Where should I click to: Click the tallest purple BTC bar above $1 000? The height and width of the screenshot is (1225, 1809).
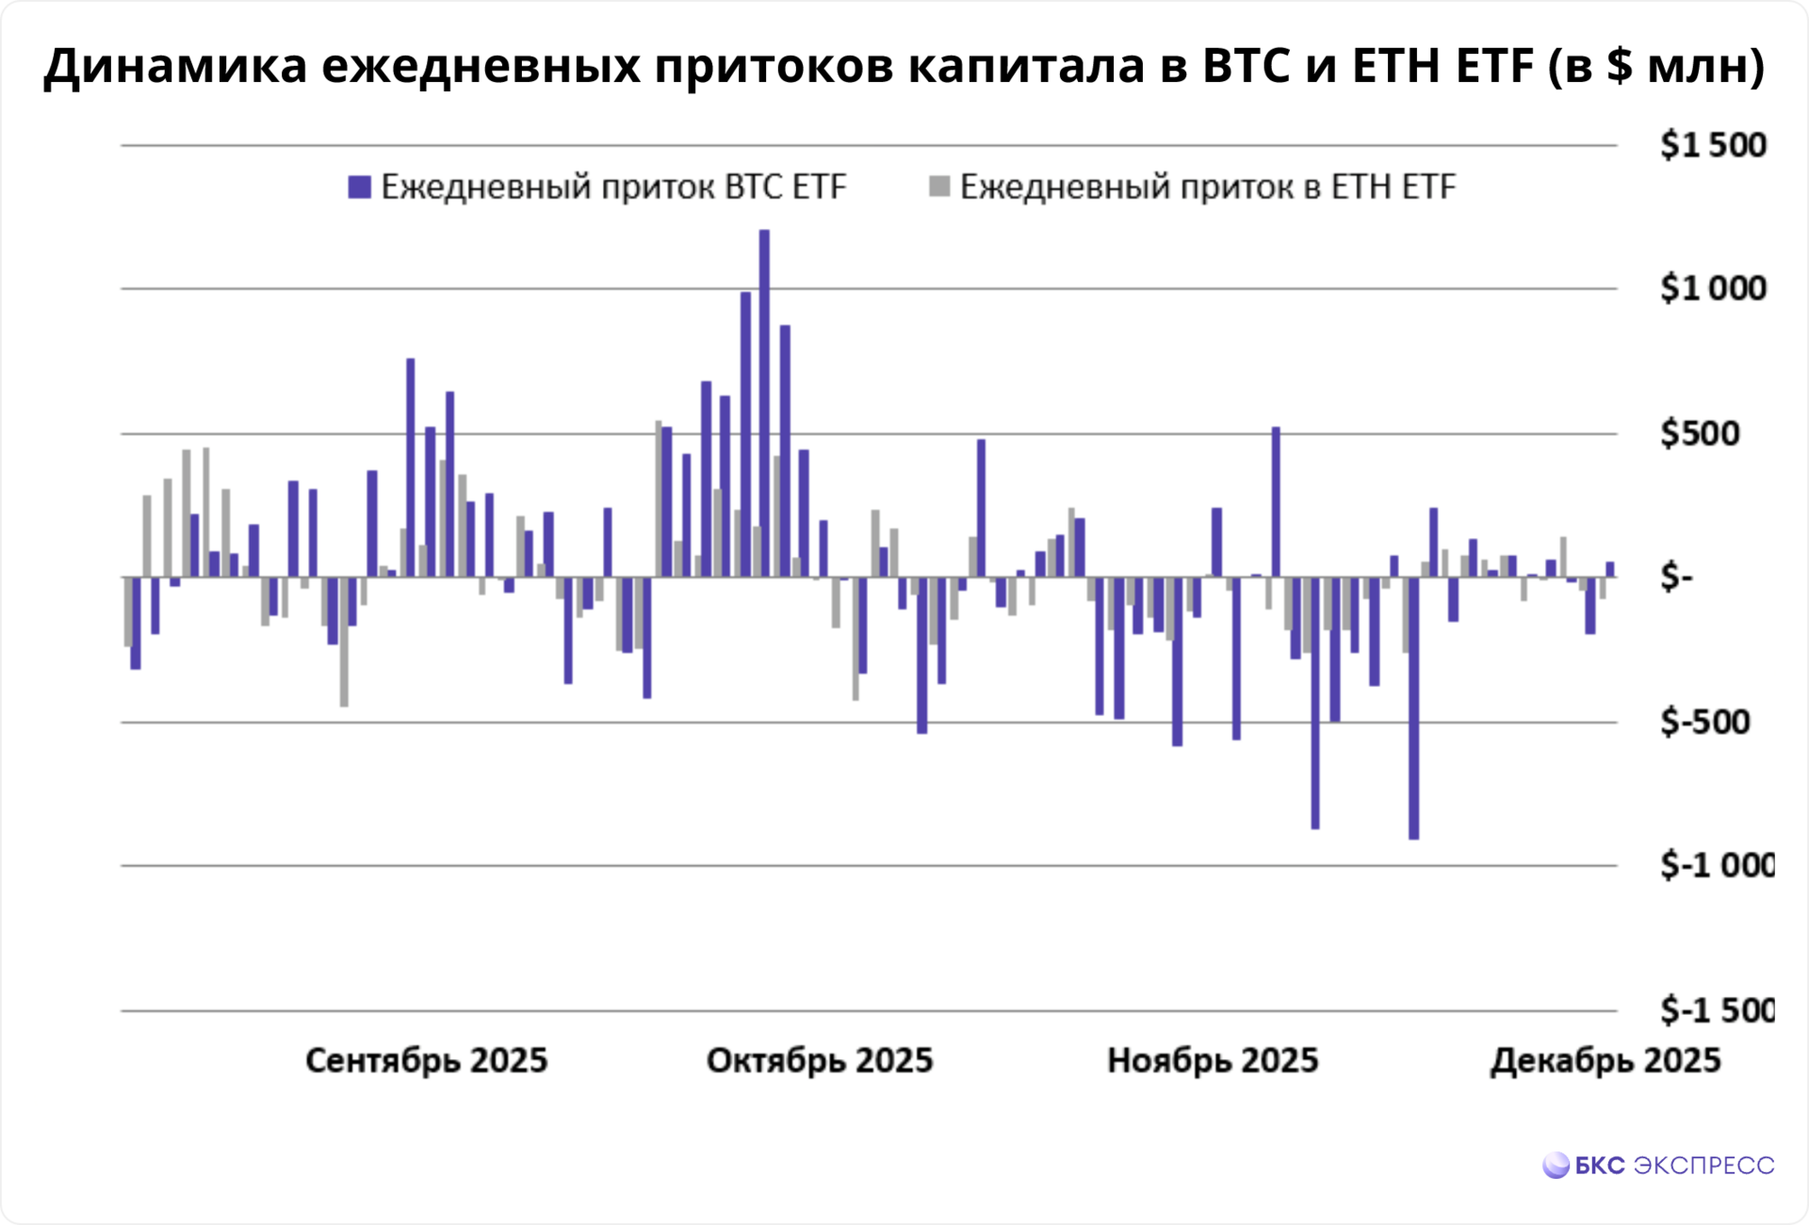(x=764, y=403)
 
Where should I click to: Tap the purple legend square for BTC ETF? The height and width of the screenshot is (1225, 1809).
(x=359, y=187)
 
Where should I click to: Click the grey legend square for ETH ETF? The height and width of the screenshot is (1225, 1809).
(x=939, y=187)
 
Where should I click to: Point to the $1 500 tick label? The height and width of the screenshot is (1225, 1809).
(x=1712, y=145)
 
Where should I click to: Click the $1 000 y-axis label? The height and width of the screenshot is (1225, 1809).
(x=1712, y=288)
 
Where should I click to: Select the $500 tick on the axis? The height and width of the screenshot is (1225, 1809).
(x=1699, y=433)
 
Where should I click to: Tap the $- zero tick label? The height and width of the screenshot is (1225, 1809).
(x=1676, y=577)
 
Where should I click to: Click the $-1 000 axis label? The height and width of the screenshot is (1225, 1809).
(x=1716, y=865)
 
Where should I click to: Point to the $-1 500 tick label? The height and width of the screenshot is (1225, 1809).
(x=1716, y=1011)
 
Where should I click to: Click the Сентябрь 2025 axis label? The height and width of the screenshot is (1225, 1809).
(x=426, y=1061)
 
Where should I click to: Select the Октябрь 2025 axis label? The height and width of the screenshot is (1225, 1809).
(x=819, y=1061)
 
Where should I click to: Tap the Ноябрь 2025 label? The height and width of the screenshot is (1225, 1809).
(x=1212, y=1061)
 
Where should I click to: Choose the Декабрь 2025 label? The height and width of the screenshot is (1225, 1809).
(x=1605, y=1061)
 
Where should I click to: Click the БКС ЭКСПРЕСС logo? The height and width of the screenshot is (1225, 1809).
(x=1658, y=1166)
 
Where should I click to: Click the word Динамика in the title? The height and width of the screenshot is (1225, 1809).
(x=175, y=66)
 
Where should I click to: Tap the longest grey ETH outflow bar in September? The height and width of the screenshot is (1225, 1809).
(x=344, y=641)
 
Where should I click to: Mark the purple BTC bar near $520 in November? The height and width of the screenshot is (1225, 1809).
(x=1276, y=501)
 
